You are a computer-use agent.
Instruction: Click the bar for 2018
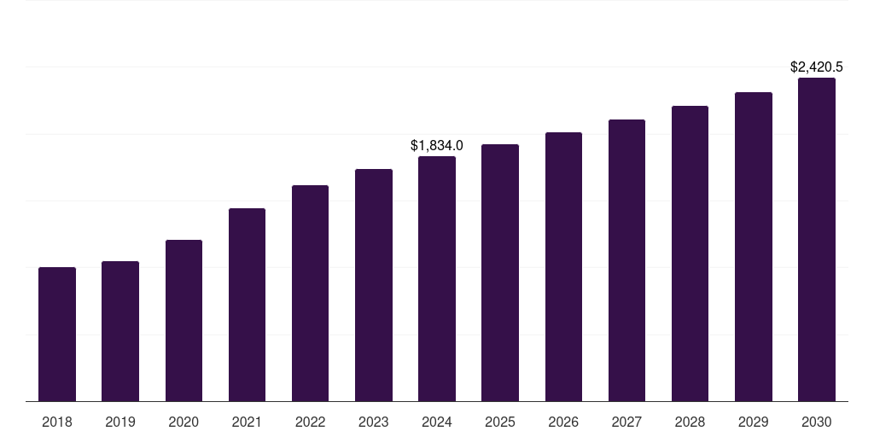pos(57,334)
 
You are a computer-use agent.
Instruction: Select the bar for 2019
pos(120,331)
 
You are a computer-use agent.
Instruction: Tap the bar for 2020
pos(184,320)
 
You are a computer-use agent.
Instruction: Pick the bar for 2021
pos(247,305)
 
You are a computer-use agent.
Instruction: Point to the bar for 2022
pos(310,293)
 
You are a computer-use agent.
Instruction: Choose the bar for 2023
pos(374,285)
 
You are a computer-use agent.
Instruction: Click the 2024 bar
pos(437,278)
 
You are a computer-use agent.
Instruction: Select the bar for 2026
pos(563,266)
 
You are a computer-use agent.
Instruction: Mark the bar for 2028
pos(690,253)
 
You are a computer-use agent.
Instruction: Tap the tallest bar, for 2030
pos(817,239)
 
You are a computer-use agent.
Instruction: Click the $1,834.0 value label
pos(437,146)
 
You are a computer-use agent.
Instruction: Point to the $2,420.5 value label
pos(817,67)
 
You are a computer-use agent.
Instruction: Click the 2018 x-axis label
pos(57,422)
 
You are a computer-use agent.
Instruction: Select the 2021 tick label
pos(247,422)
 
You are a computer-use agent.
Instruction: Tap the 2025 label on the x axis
pos(500,422)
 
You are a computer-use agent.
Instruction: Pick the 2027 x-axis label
pos(626,422)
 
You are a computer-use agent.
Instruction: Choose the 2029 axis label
pos(754,422)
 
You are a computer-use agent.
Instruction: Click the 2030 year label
pos(817,422)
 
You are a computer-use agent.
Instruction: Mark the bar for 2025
pos(500,272)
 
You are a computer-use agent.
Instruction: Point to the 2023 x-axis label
pos(374,422)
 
